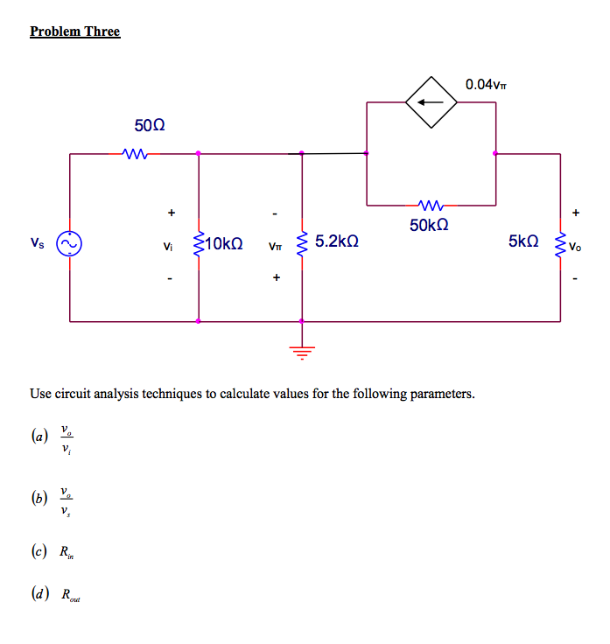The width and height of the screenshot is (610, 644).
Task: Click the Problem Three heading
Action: [x=74, y=31]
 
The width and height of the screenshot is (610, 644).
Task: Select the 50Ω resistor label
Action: [x=150, y=127]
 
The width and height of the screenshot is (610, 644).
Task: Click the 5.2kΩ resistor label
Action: [x=336, y=240]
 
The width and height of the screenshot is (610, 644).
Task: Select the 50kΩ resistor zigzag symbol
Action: [x=431, y=206]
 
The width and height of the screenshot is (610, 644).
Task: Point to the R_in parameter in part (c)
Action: [x=67, y=552]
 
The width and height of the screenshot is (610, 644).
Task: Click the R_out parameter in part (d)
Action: [x=69, y=595]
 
